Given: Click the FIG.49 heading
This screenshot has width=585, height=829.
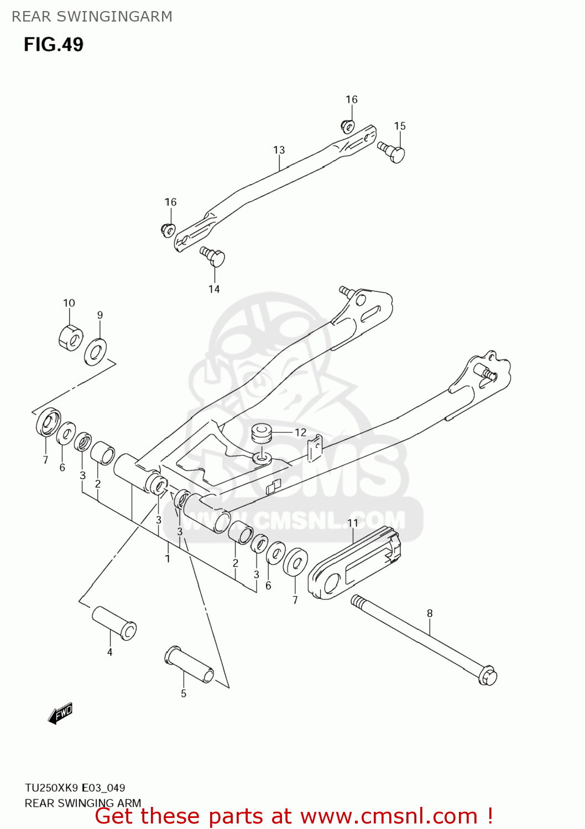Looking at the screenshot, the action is (54, 44).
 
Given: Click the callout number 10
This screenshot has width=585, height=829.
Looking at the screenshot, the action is (69, 303).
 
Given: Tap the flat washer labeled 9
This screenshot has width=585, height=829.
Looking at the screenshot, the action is (96, 351).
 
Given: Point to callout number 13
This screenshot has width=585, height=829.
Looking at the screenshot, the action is (279, 150).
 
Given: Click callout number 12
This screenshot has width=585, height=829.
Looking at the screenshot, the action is (300, 432).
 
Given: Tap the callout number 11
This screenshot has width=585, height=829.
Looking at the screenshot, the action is (353, 523).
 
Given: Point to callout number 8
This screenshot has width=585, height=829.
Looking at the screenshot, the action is (430, 613).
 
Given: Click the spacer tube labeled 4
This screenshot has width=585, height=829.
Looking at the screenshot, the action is (114, 623).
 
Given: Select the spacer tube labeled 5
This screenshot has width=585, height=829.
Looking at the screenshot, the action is (190, 665).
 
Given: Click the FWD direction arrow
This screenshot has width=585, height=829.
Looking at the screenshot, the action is (60, 713).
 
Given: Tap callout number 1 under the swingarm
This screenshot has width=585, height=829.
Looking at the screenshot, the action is (168, 559).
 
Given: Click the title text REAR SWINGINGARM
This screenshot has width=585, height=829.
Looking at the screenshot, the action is (92, 17).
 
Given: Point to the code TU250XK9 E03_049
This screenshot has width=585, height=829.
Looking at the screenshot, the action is (75, 788).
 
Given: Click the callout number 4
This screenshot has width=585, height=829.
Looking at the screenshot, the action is (109, 652).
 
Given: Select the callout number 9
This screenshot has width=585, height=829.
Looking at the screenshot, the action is (100, 315).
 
